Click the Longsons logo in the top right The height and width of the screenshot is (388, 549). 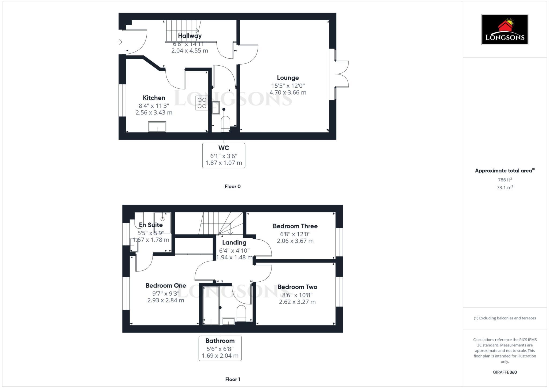coord(505,30)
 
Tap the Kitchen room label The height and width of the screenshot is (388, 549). coord(154,98)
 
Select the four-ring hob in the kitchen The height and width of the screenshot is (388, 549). coord(202,103)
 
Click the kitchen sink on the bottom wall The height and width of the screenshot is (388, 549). coord(157,127)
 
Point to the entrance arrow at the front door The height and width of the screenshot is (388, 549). coord(119,42)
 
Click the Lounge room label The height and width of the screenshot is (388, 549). coord(288,78)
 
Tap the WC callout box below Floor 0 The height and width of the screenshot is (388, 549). coord(224,155)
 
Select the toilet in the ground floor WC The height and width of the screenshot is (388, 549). coord(225,124)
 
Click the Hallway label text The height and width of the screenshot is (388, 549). coord(190,36)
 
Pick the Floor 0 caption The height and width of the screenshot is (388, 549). coord(232,186)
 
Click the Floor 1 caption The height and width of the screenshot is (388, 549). coord(232,379)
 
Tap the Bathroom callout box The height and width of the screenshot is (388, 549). coord(220,348)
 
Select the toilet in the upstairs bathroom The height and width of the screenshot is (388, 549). coord(241,313)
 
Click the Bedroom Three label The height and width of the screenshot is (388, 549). coord(295,226)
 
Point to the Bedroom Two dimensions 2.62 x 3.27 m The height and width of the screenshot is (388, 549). coord(297,302)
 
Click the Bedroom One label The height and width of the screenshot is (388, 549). coord(166,286)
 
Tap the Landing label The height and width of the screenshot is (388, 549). coord(234,242)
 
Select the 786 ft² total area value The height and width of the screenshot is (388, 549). coord(505,180)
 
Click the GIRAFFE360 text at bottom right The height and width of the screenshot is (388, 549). coord(505,372)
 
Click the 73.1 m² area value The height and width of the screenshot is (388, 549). coord(505,188)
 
